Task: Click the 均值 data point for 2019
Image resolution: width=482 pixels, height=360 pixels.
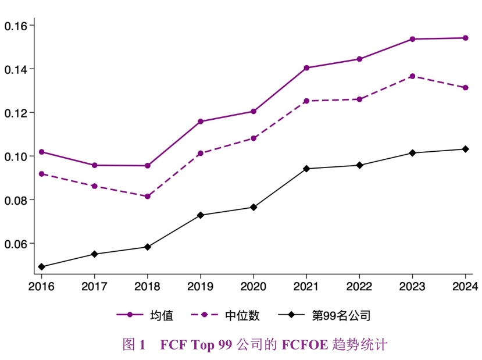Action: (200, 122)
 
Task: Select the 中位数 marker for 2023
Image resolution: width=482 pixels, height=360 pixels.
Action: (412, 76)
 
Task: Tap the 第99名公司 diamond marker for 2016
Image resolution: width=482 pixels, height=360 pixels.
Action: (41, 267)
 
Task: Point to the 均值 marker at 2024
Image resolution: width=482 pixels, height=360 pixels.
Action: (465, 38)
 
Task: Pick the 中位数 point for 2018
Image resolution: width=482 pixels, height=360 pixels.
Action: (147, 197)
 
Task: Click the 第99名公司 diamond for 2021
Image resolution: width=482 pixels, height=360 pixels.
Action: (306, 169)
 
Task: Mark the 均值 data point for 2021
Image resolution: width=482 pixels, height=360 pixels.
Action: (306, 68)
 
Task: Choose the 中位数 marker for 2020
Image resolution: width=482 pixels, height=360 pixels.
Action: (254, 138)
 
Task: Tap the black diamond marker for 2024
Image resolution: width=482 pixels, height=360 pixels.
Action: (465, 149)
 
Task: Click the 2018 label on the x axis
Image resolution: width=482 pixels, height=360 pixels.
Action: (147, 287)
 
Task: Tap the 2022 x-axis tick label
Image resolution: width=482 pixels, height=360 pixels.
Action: (359, 287)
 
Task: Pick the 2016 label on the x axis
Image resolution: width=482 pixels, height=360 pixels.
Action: (41, 287)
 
